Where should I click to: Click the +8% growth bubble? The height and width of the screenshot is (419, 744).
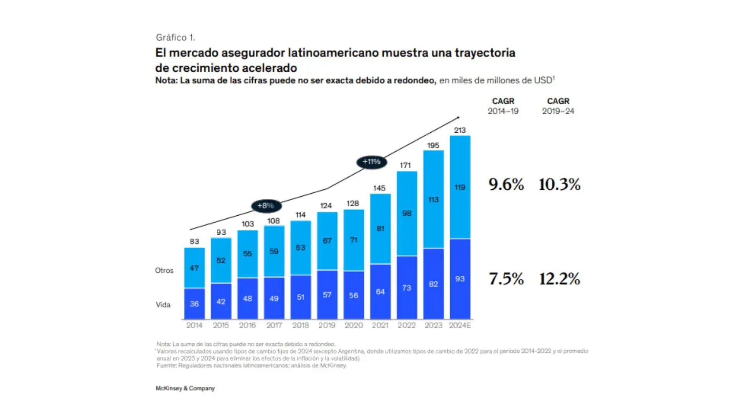266,206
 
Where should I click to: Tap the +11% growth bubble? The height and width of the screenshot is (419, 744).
371,162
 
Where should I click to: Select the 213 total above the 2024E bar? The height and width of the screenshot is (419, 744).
460,130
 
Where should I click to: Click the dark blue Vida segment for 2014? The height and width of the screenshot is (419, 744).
194,304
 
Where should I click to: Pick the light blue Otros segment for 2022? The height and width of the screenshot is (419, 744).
407,213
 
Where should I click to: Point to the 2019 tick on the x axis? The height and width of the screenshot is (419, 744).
327,326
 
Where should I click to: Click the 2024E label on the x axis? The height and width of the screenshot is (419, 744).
460,326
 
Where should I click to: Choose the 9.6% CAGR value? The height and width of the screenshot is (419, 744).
506,184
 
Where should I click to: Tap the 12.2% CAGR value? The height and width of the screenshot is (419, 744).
560,279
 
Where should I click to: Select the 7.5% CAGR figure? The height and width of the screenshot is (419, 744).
506,279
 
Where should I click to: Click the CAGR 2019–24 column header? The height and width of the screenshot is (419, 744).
558,106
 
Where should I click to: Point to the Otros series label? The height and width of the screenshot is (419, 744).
164,270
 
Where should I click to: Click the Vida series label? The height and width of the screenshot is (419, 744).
163,305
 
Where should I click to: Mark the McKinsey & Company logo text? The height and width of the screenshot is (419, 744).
185,388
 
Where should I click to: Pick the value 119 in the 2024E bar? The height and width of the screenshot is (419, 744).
460,187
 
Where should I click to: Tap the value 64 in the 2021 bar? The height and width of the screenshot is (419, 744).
380,292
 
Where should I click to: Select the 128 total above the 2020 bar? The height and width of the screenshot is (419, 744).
353,203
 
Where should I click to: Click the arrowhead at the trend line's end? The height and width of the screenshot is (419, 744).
458,118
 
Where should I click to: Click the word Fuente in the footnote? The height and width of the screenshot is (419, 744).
166,365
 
